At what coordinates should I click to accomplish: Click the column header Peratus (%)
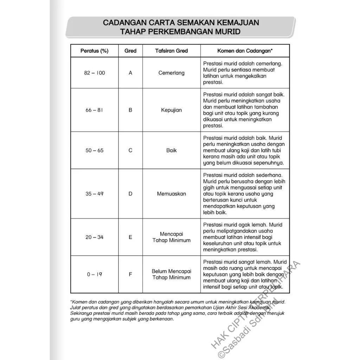(x=94, y=51)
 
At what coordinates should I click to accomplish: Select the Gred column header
(x=130, y=51)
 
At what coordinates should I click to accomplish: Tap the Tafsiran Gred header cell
(x=172, y=51)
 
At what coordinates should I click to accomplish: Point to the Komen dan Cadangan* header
(x=245, y=51)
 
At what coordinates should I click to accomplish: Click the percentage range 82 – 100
(x=94, y=73)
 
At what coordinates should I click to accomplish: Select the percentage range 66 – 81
(x=94, y=110)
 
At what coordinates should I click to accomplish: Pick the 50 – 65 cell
(x=94, y=150)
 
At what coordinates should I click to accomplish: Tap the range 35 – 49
(x=94, y=194)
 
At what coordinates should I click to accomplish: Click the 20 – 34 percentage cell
(x=94, y=237)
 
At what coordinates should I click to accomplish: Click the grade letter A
(x=130, y=73)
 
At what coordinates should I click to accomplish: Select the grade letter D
(x=130, y=194)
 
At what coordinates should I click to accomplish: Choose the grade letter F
(x=130, y=275)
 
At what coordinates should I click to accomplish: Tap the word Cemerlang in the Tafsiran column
(x=172, y=73)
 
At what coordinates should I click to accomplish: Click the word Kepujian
(x=172, y=110)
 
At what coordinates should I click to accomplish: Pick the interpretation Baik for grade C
(x=172, y=150)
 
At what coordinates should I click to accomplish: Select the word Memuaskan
(x=172, y=194)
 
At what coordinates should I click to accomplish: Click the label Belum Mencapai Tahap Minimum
(x=172, y=275)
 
